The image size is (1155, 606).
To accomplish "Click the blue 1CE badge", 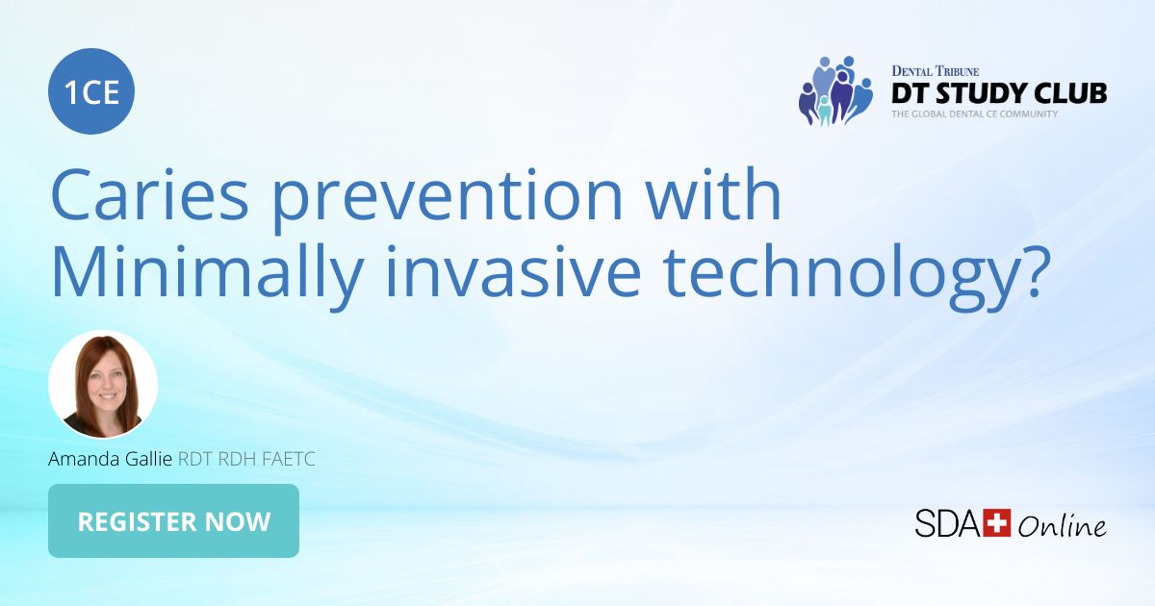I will (91, 91).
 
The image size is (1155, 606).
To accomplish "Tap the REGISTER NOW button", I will (173, 521).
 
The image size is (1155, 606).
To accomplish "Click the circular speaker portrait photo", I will (103, 385).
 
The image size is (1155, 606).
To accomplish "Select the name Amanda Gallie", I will (110, 460).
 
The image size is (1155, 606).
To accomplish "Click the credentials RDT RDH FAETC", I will (246, 460).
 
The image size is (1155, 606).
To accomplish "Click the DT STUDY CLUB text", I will (998, 93).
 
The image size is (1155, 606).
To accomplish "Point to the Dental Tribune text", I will (935, 71).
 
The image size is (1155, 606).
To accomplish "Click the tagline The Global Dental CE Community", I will (974, 114).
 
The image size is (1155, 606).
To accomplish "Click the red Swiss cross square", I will (995, 522).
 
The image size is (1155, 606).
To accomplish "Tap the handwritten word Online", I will (1062, 525).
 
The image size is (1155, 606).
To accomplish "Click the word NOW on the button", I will (237, 521).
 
